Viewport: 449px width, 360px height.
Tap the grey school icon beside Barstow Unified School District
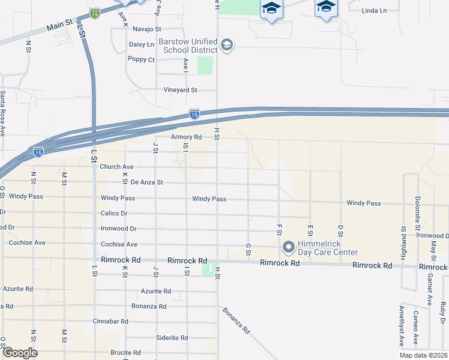coord(226,44)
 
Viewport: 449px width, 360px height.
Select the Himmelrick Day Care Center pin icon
coord(288,247)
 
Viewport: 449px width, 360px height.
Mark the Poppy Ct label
coord(142,59)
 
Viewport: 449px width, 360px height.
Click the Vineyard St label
coord(181,90)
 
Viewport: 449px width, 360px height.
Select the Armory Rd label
coord(185,137)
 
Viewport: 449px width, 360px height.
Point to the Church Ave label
coord(116,166)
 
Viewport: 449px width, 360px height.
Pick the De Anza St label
coord(147,182)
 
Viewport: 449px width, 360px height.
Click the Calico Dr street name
coord(114,213)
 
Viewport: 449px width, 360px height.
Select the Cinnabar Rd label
coord(110,322)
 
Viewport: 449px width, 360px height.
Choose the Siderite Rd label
coord(172,337)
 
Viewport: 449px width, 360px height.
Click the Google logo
coord(20,353)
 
